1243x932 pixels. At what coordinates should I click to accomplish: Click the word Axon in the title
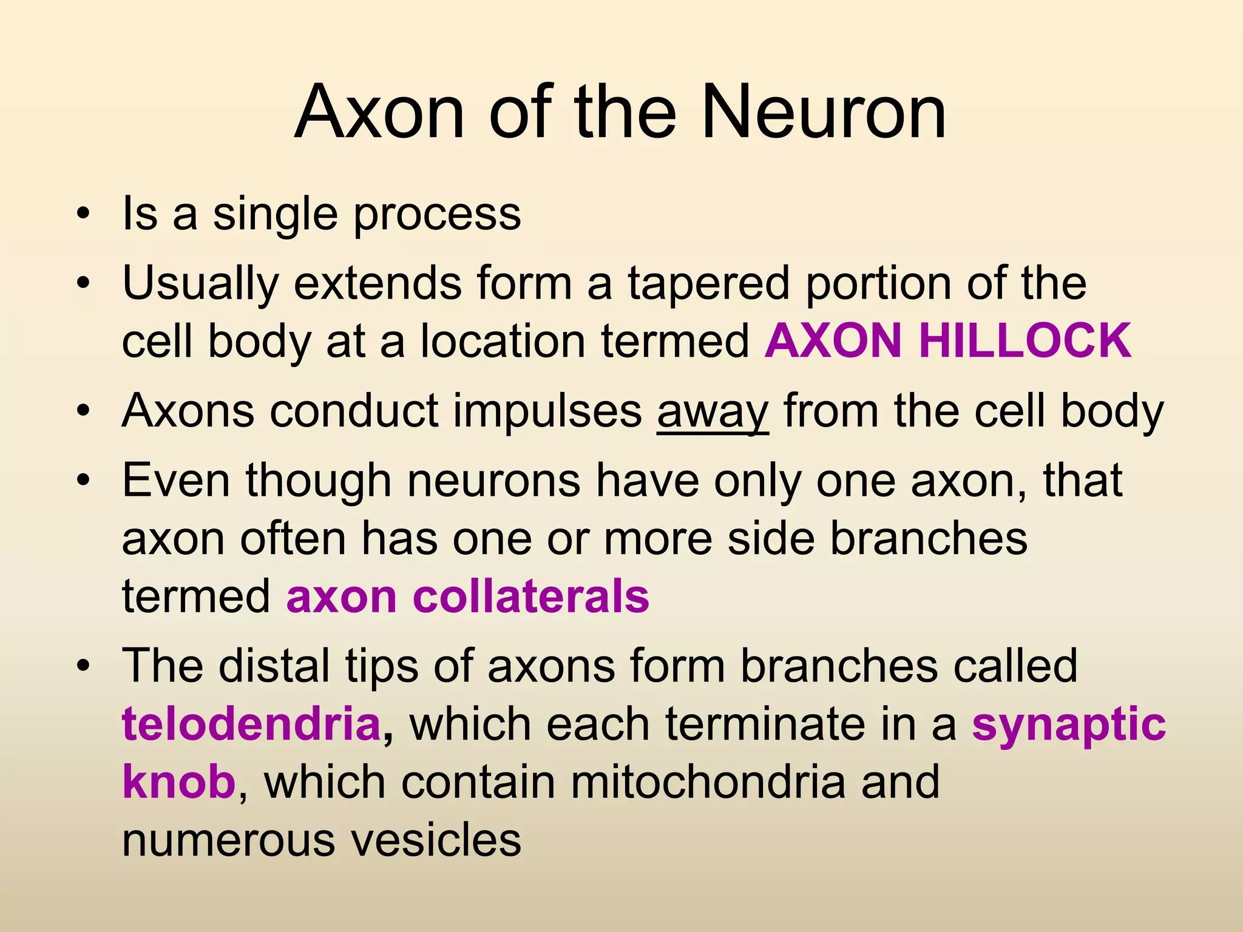tap(379, 112)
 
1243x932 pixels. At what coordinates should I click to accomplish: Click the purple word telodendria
tap(251, 724)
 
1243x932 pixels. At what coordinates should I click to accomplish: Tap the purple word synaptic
tap(1068, 724)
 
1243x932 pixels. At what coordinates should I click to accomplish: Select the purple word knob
tap(178, 782)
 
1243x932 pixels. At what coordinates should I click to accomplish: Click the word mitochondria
tap(708, 782)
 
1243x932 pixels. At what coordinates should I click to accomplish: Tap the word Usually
tap(200, 283)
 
